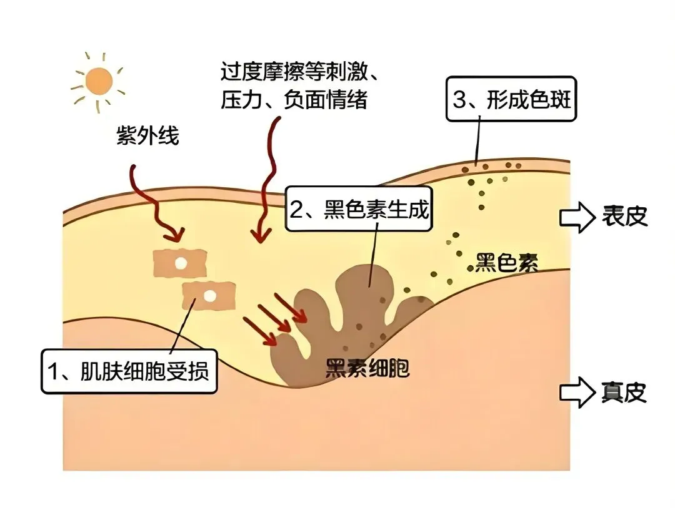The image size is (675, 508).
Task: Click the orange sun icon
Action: (x=99, y=80)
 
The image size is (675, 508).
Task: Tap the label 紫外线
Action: (x=147, y=135)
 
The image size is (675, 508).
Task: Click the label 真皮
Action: (x=624, y=392)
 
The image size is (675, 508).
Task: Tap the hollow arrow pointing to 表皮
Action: (x=576, y=217)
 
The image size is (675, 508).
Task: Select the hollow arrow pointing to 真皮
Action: (x=576, y=392)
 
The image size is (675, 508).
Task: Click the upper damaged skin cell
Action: (x=180, y=263)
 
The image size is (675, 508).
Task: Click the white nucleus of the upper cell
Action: (x=180, y=263)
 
